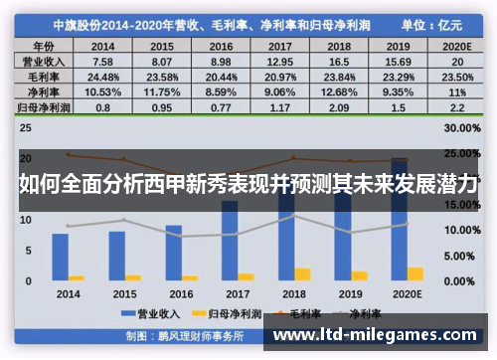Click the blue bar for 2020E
pos(400,219)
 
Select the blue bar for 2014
pos(60,257)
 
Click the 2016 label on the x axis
pos(181,294)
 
